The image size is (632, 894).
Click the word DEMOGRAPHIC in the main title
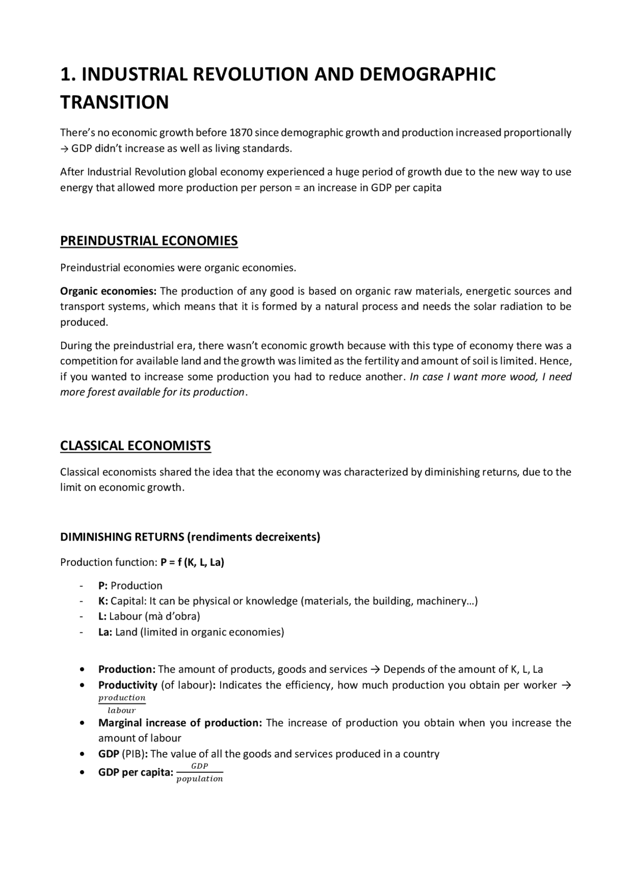(x=427, y=74)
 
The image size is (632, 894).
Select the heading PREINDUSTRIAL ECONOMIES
(x=149, y=241)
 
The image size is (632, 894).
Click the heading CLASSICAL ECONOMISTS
(x=135, y=446)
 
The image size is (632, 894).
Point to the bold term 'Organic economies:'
(x=108, y=291)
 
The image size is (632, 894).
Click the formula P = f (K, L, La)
(x=192, y=562)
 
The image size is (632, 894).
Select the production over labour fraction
(x=122, y=704)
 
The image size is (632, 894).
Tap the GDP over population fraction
(x=199, y=773)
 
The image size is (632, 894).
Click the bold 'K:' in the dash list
(x=103, y=601)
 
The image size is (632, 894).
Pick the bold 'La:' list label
(x=105, y=632)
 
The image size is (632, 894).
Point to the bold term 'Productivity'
(x=127, y=685)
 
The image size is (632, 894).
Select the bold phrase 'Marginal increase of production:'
(x=180, y=723)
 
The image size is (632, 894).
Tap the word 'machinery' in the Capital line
(x=440, y=601)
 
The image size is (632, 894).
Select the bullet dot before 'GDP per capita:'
(x=82, y=773)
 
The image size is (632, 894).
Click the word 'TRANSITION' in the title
(x=115, y=102)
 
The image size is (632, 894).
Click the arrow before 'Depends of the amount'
(x=375, y=670)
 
